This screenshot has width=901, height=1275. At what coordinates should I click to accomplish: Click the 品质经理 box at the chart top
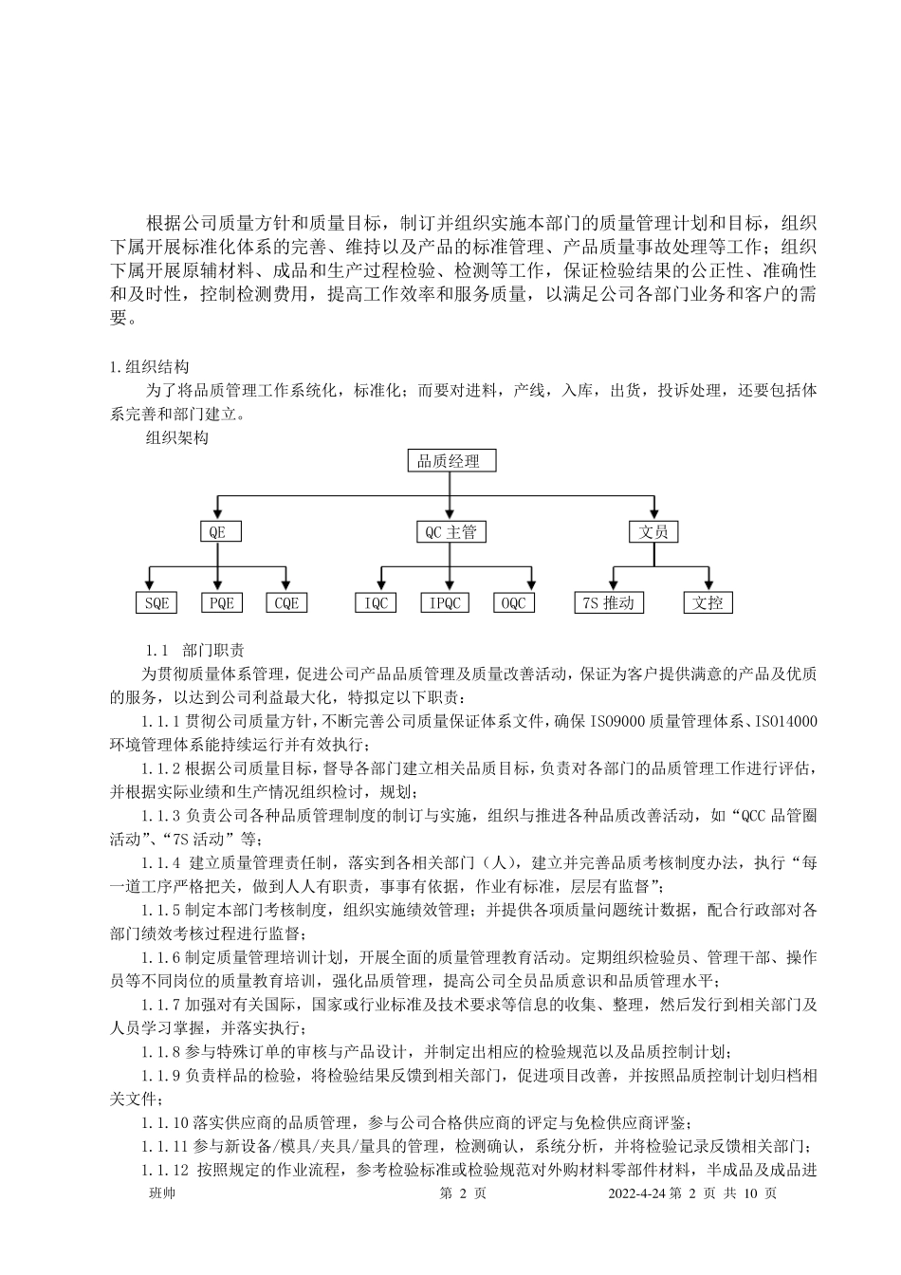click(450, 462)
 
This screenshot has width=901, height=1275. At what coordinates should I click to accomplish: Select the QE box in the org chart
click(217, 532)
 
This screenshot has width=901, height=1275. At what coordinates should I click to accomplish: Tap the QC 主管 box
click(450, 532)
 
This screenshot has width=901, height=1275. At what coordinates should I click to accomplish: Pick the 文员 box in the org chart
click(653, 532)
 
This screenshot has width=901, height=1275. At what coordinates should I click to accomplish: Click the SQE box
click(156, 602)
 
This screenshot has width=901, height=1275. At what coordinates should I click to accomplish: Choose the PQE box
click(221, 602)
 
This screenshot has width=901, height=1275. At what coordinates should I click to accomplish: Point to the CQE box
click(285, 602)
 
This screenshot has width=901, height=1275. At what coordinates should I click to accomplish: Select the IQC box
click(377, 602)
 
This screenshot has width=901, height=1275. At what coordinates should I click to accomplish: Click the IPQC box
click(444, 602)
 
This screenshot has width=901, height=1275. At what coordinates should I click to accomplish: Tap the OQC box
click(513, 602)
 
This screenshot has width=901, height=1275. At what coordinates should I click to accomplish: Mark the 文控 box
click(708, 602)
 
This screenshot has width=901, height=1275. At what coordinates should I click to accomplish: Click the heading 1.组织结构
click(150, 367)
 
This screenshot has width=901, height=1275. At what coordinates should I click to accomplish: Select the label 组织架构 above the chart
click(177, 437)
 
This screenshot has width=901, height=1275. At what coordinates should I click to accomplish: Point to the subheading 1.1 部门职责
click(194, 651)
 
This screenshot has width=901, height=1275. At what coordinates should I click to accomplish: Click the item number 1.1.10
click(166, 1120)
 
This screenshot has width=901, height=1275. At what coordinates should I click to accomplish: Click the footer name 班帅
click(162, 1193)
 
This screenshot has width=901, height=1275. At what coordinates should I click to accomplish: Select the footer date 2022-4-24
click(637, 1193)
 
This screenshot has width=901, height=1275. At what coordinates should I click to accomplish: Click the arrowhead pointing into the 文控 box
click(708, 585)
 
